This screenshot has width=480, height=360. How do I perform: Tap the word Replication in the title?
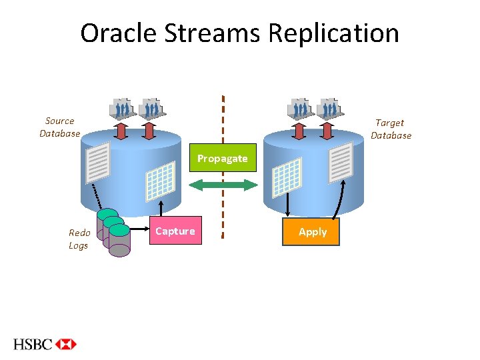[x=334, y=33]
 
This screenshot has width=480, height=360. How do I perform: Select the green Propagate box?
[x=222, y=158]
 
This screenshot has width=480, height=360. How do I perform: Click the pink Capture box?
[x=175, y=231]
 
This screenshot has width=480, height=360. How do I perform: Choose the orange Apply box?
[x=312, y=231]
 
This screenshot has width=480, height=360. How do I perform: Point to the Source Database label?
[x=59, y=127]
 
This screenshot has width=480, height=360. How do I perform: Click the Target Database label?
[x=391, y=129]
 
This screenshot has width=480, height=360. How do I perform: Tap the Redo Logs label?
[x=79, y=239]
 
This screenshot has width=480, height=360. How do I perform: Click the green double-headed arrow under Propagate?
[x=222, y=185]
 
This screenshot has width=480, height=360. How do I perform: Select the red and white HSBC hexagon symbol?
[x=66, y=344]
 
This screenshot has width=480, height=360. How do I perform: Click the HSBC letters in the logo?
[x=33, y=344]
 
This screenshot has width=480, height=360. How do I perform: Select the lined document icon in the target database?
[x=341, y=162]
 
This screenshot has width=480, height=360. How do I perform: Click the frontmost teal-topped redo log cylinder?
[x=120, y=241]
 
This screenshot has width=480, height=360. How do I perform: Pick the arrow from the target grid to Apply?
[x=288, y=205]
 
